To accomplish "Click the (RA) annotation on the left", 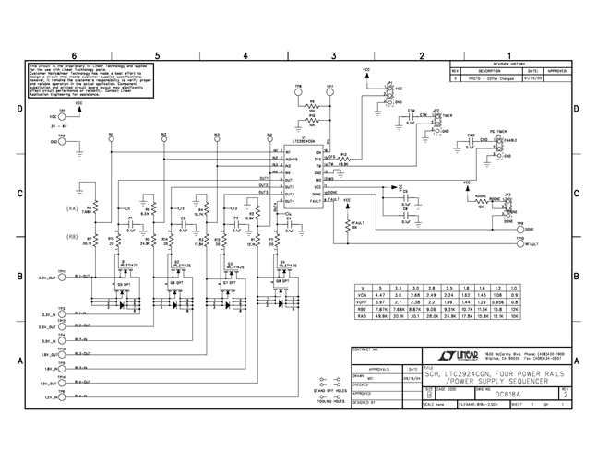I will point(71,210).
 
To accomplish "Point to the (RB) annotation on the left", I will point(71,235).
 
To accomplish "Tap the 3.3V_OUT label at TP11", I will point(49,276).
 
